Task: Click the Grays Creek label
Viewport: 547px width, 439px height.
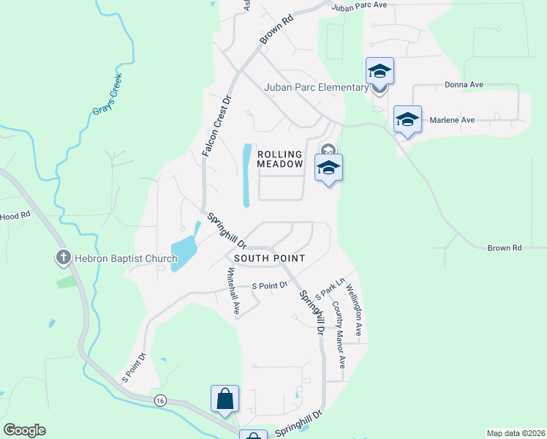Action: click(107, 101)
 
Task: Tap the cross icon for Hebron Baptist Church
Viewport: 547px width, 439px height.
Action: click(64, 258)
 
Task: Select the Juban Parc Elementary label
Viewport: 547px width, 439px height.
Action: click(316, 88)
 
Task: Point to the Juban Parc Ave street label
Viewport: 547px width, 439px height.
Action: click(358, 6)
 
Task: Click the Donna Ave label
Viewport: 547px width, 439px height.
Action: click(464, 85)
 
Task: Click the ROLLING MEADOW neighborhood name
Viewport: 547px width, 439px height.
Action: click(279, 160)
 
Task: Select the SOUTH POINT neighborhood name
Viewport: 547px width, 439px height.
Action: click(269, 258)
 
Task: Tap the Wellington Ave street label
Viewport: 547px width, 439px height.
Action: click(355, 310)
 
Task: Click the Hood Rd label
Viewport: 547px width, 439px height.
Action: click(15, 216)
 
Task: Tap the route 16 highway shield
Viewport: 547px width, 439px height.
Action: click(159, 399)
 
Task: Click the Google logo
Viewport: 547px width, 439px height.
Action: click(24, 430)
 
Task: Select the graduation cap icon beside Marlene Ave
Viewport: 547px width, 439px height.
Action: click(407, 119)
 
